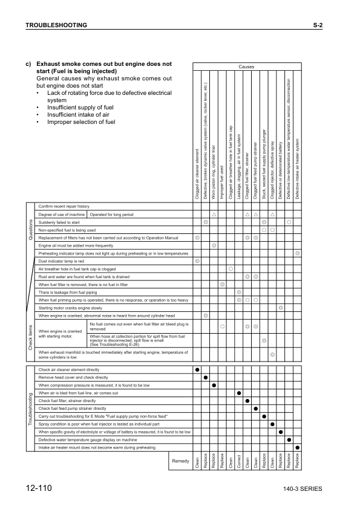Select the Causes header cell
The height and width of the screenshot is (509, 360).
pos(246,67)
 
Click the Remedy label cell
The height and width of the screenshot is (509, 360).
pos(181,461)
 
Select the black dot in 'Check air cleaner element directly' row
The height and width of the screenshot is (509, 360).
pos(198,369)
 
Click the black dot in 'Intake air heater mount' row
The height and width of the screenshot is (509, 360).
pos(297,447)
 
